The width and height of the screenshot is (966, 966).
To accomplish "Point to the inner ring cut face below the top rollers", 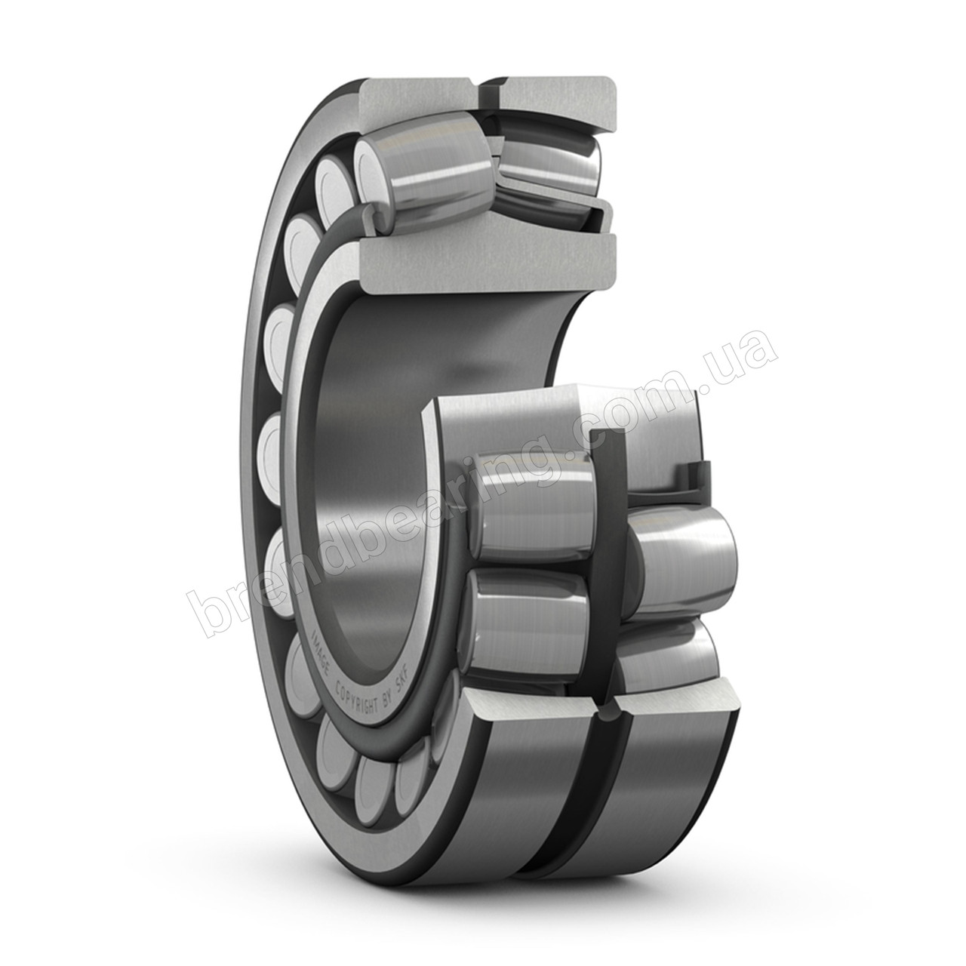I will [483, 260].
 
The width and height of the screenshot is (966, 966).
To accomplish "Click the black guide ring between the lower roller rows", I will [605, 543].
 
